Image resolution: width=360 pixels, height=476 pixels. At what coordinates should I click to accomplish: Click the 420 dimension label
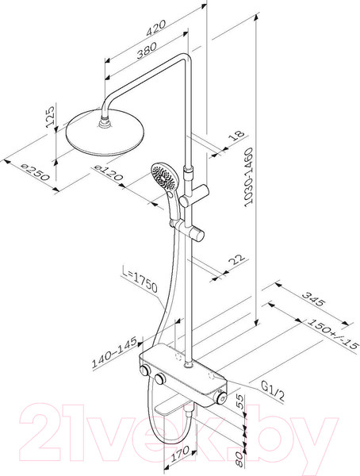(x=156, y=28)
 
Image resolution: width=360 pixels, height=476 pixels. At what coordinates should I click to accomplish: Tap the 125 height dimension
(x=51, y=116)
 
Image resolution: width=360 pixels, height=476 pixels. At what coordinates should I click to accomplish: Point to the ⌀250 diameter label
(x=36, y=172)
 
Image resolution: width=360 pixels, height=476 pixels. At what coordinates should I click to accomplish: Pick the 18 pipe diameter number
(x=237, y=135)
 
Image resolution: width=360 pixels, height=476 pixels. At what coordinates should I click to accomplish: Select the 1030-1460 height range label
(x=248, y=177)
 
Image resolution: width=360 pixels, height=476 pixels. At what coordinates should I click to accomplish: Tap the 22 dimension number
(x=236, y=259)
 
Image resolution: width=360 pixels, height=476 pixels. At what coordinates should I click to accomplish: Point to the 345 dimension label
(x=314, y=299)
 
